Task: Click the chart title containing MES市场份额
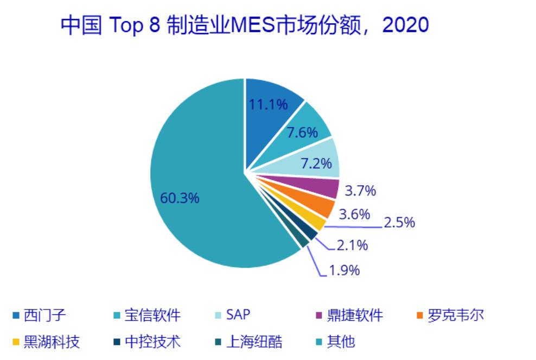244,26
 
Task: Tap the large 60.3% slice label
180,198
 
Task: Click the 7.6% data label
302,132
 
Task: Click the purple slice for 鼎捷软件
326,188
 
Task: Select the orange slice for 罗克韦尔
322,207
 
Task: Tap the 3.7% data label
360,191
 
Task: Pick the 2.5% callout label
399,223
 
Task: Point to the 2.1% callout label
352,245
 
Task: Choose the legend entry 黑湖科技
46,342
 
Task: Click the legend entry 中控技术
145,342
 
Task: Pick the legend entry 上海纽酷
247,342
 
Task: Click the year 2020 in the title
406,26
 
